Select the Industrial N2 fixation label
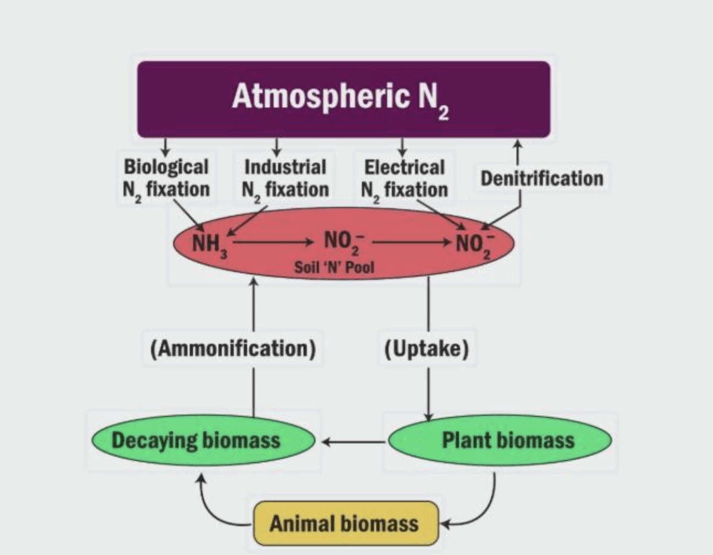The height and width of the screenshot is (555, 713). tap(285, 178)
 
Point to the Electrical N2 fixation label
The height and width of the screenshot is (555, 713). tap(404, 178)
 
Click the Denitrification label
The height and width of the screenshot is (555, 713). tap(541, 178)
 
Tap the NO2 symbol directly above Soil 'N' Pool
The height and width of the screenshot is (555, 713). tap(339, 243)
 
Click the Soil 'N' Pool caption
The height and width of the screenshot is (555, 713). tap(335, 267)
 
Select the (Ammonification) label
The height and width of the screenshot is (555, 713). tap(232, 348)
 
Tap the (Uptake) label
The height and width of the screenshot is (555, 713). tap(426, 348)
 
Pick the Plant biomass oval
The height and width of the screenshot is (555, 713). tap(500, 441)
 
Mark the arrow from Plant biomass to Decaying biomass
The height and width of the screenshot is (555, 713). tap(353, 442)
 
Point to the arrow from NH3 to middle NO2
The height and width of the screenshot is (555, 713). tap(273, 243)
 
